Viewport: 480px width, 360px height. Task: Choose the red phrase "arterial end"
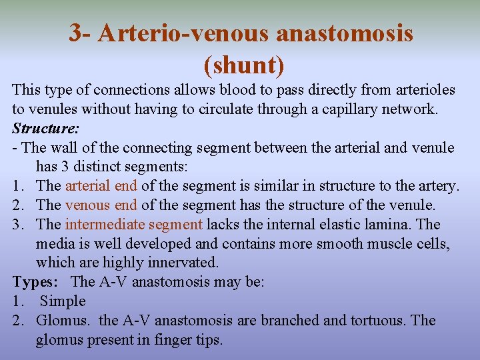click(x=101, y=185)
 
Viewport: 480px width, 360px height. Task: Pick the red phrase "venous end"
click(x=101, y=205)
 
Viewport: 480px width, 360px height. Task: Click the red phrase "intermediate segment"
click(x=134, y=224)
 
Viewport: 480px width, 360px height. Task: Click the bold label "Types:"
click(x=36, y=282)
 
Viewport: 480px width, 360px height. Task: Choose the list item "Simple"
click(x=63, y=301)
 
